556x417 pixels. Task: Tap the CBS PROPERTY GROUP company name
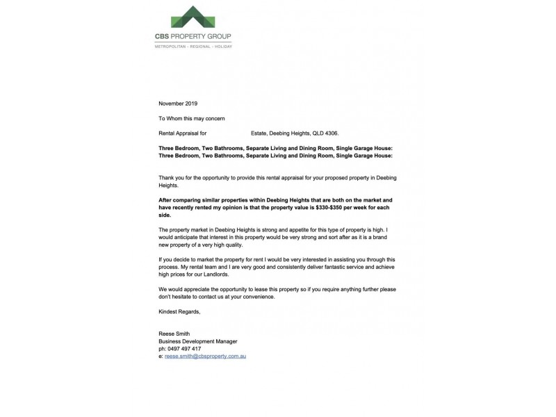tap(193, 37)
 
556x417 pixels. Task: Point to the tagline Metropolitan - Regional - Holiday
tap(193, 47)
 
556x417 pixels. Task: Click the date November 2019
tap(178, 104)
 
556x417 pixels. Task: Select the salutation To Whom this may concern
tap(192, 118)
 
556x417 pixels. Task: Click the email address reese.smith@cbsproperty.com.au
tap(206, 356)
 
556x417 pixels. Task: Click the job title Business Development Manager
tap(198, 341)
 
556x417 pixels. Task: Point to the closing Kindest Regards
tap(179, 311)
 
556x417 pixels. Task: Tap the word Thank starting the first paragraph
tap(167, 178)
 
